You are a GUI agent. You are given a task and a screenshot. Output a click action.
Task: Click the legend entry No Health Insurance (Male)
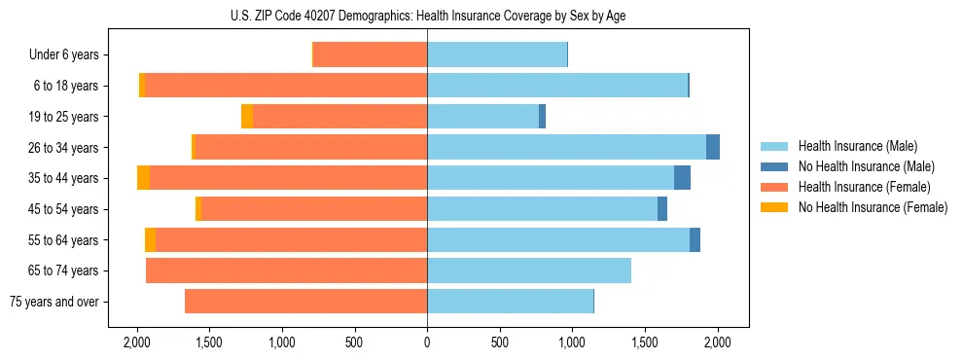click(x=859, y=167)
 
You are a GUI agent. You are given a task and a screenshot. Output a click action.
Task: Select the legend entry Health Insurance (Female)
click(x=857, y=187)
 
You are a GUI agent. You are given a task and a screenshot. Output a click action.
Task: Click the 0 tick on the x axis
click(x=427, y=342)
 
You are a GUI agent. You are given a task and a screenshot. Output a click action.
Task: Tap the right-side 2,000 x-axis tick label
click(x=718, y=342)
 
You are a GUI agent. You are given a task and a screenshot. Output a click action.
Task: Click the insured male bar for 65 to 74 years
click(x=529, y=270)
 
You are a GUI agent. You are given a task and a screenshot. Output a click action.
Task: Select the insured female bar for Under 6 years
click(x=370, y=55)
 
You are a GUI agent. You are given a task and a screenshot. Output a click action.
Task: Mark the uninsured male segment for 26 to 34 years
click(x=713, y=147)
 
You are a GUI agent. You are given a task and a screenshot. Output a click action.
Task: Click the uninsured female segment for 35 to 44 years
click(x=144, y=178)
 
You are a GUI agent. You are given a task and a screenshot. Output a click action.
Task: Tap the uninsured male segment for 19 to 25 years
click(x=542, y=117)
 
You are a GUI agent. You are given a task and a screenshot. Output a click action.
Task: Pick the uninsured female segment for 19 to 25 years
click(x=247, y=117)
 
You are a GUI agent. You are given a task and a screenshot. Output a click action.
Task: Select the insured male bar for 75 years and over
click(x=510, y=302)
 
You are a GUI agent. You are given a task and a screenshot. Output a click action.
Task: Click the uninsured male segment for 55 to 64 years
click(x=695, y=240)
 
